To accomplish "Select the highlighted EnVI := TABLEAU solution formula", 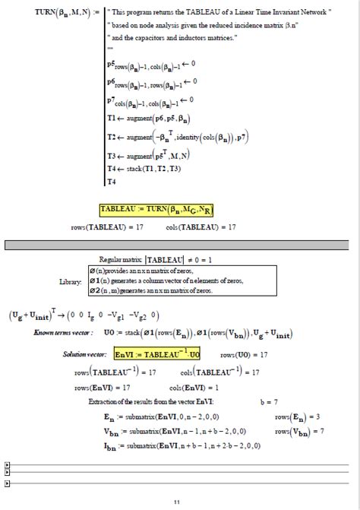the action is click(157, 354).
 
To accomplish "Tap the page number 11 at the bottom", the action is click(176, 501).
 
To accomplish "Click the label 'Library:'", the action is click(70, 281).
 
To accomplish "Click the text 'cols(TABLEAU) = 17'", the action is click(201, 226).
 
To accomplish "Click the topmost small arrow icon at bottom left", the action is click(8, 464).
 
